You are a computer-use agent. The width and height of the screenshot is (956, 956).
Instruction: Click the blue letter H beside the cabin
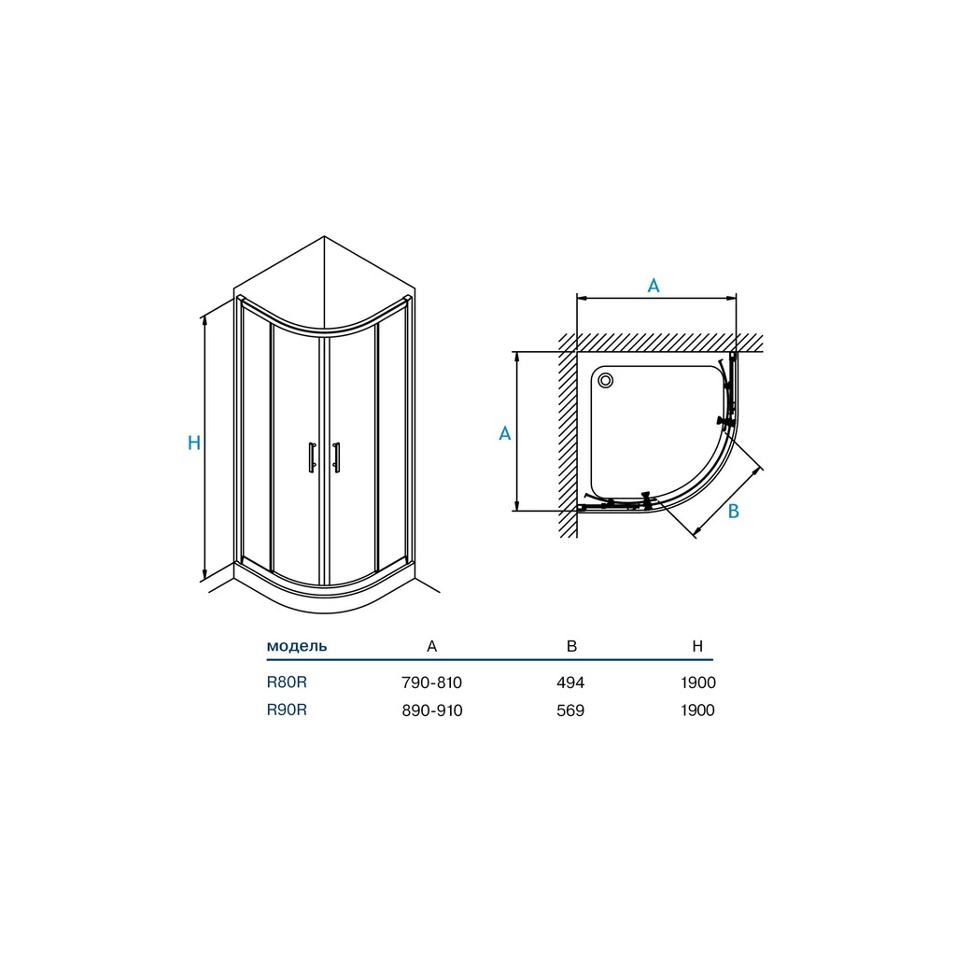[194, 443]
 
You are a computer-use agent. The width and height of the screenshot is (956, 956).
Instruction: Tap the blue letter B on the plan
[734, 511]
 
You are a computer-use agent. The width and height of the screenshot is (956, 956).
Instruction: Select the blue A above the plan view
[653, 286]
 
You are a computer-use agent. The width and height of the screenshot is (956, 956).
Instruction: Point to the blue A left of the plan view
[505, 433]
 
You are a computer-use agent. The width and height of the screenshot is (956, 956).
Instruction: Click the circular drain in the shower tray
[605, 381]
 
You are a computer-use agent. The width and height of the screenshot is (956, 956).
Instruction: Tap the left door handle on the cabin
[312, 457]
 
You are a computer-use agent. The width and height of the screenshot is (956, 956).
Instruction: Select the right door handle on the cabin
[336, 457]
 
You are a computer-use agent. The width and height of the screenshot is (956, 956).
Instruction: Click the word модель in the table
[297, 646]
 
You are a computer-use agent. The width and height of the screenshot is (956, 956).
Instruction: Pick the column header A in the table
[431, 646]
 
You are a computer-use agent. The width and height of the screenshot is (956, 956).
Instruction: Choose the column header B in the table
[571, 646]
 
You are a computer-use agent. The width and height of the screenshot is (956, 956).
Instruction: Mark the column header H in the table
[697, 646]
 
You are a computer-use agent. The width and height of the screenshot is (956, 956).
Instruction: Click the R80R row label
[287, 682]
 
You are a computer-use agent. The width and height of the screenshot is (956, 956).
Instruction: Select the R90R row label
[287, 710]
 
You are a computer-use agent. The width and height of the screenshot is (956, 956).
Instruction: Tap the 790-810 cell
[431, 682]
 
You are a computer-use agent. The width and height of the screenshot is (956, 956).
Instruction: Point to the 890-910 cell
[431, 710]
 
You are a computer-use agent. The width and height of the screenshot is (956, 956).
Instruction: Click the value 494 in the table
[570, 682]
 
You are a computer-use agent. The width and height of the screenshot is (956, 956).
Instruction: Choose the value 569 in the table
[570, 710]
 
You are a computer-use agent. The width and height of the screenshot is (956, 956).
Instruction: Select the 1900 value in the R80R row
[698, 682]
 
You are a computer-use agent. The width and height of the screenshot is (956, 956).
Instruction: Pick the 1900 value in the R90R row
[698, 710]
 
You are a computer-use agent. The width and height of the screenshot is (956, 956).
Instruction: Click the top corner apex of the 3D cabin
[324, 236]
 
